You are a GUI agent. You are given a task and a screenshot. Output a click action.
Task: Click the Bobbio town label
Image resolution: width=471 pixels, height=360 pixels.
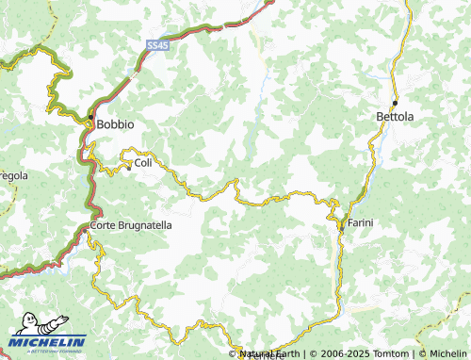point(116,124)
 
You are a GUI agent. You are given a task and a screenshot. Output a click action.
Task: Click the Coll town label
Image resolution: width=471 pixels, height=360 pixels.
point(143,163)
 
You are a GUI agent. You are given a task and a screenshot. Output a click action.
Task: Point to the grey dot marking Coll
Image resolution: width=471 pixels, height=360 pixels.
point(129,168)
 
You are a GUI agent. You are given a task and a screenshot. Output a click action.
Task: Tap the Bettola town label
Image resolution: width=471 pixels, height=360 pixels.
point(395,116)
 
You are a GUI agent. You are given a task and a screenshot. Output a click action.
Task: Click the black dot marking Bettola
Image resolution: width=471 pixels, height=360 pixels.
point(396,102)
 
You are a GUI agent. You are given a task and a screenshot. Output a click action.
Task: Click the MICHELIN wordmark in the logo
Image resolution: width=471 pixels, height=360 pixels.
point(48,343)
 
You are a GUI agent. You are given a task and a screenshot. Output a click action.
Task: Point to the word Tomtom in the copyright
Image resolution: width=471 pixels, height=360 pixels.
point(390,353)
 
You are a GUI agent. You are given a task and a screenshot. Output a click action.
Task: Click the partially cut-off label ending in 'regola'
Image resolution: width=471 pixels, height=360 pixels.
point(13,176)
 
